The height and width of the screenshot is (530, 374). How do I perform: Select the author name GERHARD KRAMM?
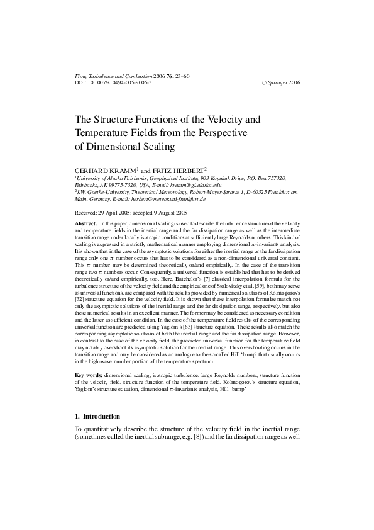coord(104,171)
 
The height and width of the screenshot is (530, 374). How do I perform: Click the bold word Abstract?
coord(85,224)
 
